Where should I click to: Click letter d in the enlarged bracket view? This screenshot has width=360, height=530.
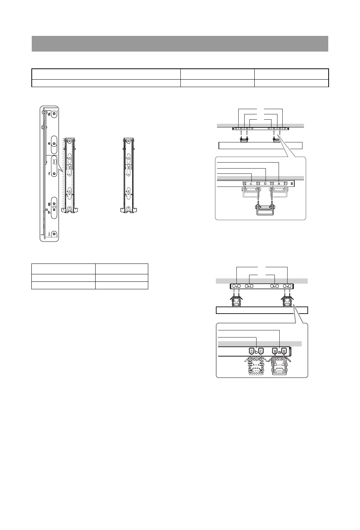(x=49, y=114)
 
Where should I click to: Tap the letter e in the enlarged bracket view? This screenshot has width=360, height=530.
(x=49, y=144)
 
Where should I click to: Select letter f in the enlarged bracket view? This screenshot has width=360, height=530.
(x=49, y=174)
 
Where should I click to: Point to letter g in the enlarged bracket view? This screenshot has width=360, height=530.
(x=49, y=204)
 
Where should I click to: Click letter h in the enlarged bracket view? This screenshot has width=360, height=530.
(x=49, y=212)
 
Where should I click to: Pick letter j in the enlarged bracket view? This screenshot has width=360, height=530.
(x=49, y=234)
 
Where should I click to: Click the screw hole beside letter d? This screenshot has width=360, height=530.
(x=54, y=114)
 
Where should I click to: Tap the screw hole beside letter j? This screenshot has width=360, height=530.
(x=54, y=234)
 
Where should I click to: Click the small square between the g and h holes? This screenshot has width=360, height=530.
(x=54, y=207)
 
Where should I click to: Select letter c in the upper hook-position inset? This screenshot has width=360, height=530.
(x=251, y=184)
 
